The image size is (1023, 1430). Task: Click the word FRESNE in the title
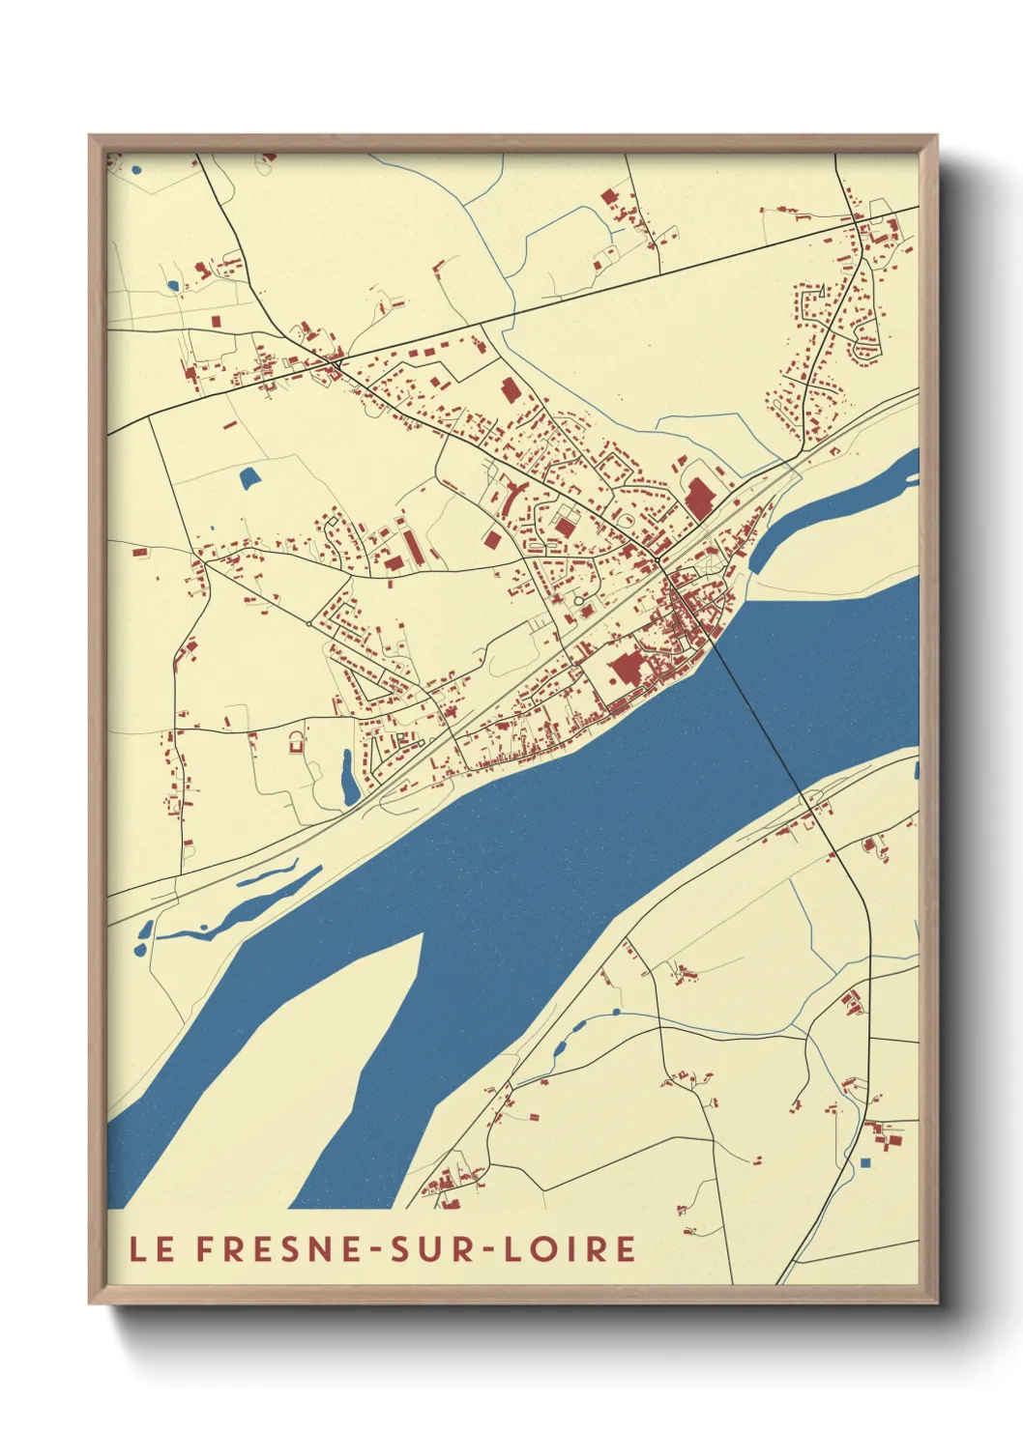[270, 1248]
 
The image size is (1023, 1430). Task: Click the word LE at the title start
[152, 1248]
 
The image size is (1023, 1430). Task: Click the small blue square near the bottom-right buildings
[865, 1161]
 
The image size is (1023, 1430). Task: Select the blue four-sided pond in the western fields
[248, 476]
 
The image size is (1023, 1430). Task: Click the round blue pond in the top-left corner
[136, 170]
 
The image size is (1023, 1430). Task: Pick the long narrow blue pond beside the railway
[348, 778]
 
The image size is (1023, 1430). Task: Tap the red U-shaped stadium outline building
[296, 742]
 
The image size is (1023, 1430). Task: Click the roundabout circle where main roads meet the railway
[658, 559]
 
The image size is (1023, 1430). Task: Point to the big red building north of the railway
[698, 500]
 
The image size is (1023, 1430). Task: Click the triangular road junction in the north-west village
[335, 361]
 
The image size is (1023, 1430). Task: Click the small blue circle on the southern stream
[616, 1013]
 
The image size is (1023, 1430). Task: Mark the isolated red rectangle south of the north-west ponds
[216, 319]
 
